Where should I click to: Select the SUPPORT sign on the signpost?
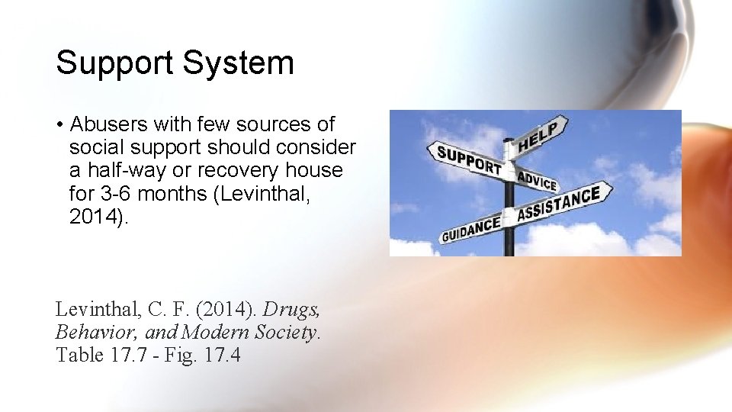click(469, 159)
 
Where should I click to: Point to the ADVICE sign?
click(538, 181)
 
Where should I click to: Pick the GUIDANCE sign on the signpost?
click(470, 228)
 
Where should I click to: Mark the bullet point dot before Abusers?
click(59, 124)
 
